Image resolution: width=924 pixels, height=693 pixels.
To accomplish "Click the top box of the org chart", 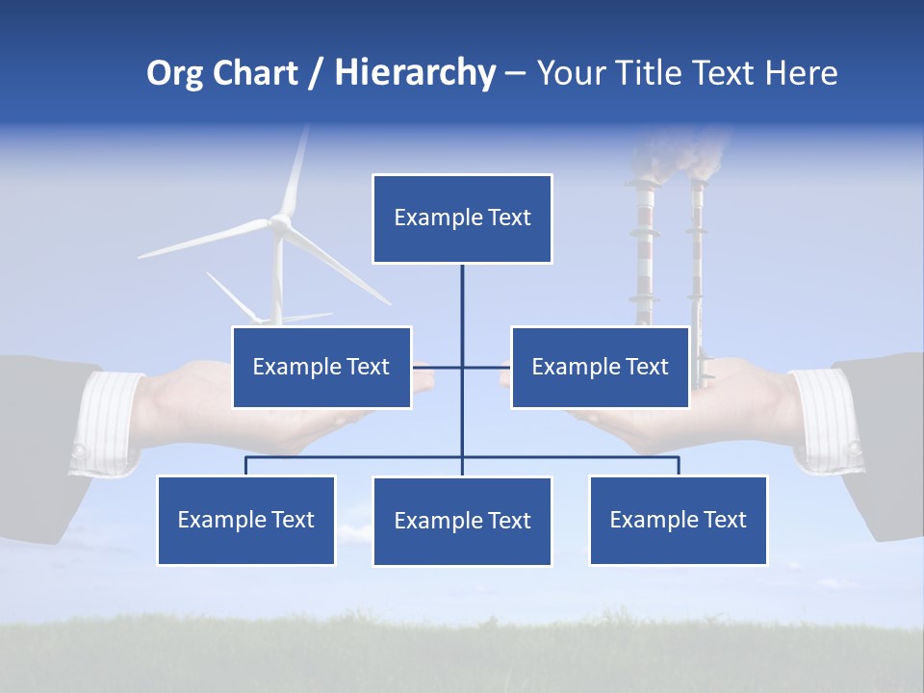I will pos(462,218).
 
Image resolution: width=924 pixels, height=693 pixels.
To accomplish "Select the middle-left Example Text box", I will pos(321,367).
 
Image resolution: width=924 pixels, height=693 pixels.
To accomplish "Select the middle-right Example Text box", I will pos(600,367).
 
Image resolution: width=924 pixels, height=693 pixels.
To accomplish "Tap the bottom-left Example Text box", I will pos(245,520).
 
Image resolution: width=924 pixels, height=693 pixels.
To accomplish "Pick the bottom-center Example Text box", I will pos(462,521).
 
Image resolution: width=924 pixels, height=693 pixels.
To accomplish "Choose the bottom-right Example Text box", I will pos(678,520).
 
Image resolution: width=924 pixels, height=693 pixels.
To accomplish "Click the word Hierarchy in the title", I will pos(415,73).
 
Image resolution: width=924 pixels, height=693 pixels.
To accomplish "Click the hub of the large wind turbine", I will pos(280,222).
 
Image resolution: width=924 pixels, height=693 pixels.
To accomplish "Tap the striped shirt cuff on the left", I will pos(108,423).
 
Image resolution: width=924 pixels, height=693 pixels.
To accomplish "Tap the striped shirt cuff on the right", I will pos(824,420).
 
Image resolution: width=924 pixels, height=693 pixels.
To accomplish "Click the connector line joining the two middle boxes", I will pos(462,367).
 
